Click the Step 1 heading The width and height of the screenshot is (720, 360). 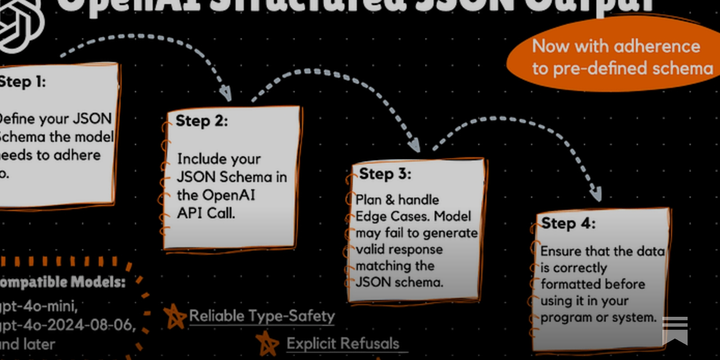tap(22, 82)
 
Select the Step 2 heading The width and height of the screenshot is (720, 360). tap(202, 121)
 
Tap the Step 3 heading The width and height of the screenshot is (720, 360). tap(385, 174)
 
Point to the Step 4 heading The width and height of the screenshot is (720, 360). tap(568, 223)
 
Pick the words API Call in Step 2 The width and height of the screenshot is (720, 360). tap(206, 213)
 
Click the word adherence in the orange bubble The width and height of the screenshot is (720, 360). tap(657, 46)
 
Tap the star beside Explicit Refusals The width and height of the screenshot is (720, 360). tap(267, 344)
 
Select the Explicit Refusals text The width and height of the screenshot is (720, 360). tap(343, 344)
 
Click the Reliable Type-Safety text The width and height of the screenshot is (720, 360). tap(262, 316)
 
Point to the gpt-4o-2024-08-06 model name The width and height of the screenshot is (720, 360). tap(67, 325)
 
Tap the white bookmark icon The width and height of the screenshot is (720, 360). tap(675, 331)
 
